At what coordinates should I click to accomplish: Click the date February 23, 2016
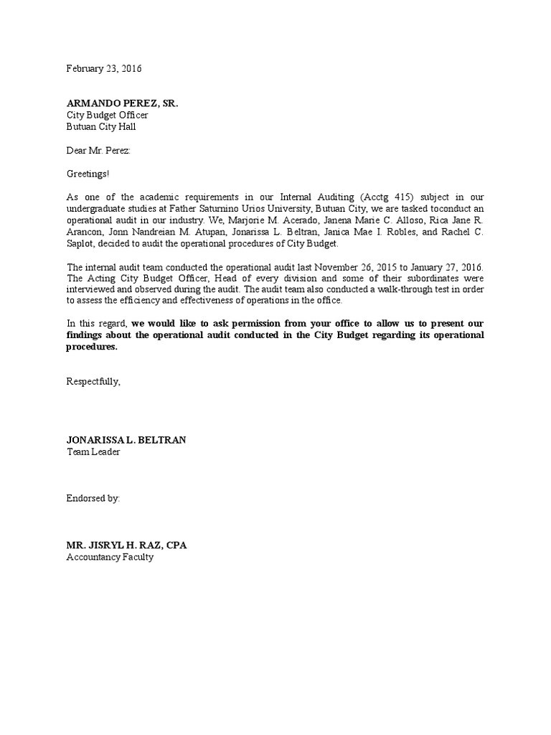pos(104,69)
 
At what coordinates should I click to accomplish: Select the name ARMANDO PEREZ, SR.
pos(122,103)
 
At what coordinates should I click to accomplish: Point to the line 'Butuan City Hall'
pos(101,126)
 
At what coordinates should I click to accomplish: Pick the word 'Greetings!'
pos(89,174)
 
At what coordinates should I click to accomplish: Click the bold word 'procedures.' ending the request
pos(92,347)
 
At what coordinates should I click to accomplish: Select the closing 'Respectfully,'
pos(94,381)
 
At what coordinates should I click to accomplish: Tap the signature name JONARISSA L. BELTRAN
pos(126,439)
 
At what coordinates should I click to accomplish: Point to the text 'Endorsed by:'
pos(93,497)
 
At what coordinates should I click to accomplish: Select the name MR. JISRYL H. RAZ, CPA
pos(127,545)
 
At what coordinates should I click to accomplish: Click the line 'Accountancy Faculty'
pos(110,556)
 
